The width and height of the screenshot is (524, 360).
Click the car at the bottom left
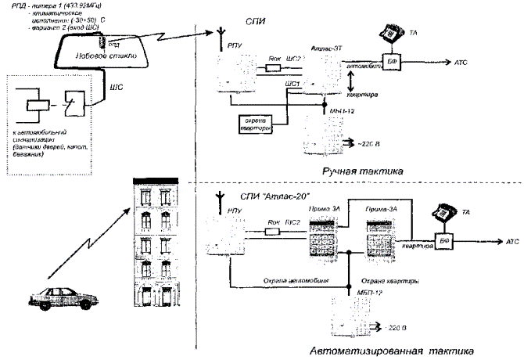click(x=56, y=299)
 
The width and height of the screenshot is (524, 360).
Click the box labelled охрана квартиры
click(x=257, y=123)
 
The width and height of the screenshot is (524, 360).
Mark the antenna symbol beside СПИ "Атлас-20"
click(x=220, y=195)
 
